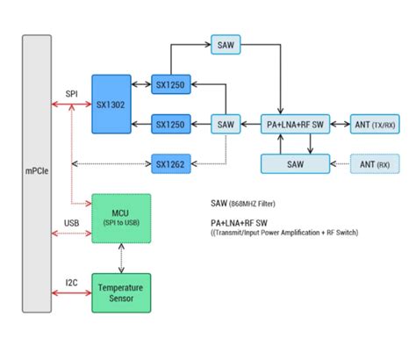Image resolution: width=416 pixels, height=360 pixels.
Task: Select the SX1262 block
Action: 170,163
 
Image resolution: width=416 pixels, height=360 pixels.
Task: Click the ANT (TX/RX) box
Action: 375,125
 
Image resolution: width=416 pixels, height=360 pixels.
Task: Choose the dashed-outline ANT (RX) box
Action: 375,163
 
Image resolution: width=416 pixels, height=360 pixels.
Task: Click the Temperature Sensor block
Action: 121,292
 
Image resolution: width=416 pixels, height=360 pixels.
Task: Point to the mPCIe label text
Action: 37,174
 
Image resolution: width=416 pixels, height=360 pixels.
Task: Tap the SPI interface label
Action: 71,94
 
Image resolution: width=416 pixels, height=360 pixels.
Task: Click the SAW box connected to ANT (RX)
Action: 296,163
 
